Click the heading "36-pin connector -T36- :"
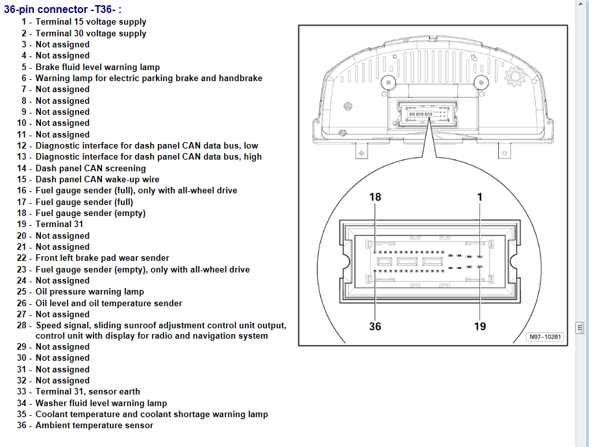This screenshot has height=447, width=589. (x=62, y=9)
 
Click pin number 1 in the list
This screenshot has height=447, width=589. (x=23, y=22)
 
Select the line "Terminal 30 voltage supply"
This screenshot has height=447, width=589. (x=91, y=33)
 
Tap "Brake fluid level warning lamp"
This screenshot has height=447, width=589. (x=97, y=67)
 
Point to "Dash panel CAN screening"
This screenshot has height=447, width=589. (x=90, y=168)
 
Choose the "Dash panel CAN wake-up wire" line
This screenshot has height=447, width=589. (x=97, y=179)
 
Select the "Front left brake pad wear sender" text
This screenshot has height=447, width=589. (x=102, y=258)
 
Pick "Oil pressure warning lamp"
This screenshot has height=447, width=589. (x=90, y=292)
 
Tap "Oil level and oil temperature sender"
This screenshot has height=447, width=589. (x=108, y=303)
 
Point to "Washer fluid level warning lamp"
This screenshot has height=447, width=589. (x=101, y=403)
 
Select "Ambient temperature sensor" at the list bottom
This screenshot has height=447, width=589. (x=94, y=425)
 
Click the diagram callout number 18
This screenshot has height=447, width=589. (x=375, y=197)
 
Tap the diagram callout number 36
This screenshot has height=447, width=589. (x=375, y=326)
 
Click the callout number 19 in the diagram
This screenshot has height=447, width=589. (x=479, y=326)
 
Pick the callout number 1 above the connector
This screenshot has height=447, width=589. (x=479, y=197)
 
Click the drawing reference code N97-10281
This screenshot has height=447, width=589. (x=545, y=337)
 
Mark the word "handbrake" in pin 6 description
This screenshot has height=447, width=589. (x=241, y=78)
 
